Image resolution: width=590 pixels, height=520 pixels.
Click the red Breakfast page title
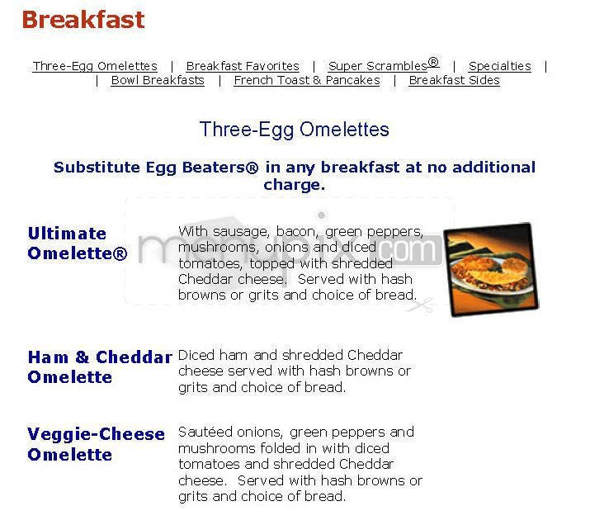tap(83, 20)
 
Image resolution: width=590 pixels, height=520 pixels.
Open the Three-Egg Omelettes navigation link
tap(95, 66)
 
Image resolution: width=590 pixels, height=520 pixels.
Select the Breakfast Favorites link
tap(243, 66)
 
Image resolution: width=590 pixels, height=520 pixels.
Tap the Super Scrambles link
tap(379, 66)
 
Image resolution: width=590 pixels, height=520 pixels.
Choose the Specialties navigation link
tap(500, 66)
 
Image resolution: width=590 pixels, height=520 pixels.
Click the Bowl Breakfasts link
tap(158, 80)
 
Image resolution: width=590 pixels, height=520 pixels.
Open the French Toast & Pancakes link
tap(307, 80)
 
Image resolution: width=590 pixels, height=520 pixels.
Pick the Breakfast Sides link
tap(454, 80)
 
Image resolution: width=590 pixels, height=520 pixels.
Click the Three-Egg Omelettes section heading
tap(295, 130)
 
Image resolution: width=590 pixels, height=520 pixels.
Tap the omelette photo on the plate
tap(492, 269)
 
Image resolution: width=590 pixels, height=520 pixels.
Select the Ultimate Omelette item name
tap(78, 243)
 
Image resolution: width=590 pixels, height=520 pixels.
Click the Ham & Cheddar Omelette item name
tap(100, 367)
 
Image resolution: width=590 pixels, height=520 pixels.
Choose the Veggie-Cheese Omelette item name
tap(96, 444)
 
